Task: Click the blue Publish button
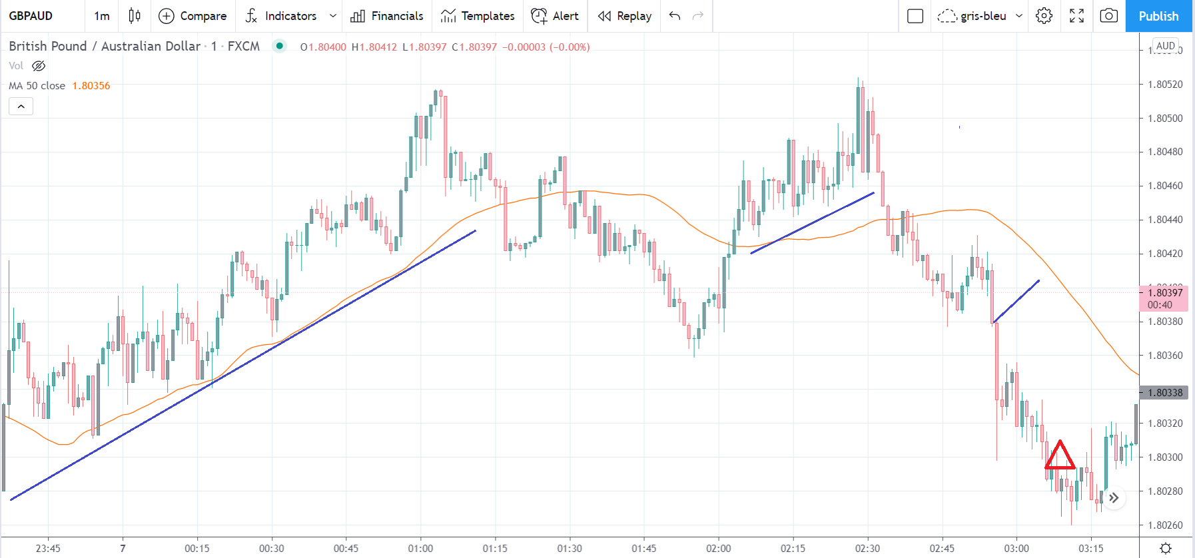coord(1158,16)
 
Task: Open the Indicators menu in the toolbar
coord(281,16)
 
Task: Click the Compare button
coord(193,16)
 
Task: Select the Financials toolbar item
coord(387,16)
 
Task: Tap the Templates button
coord(478,16)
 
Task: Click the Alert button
coord(555,16)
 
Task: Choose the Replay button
coord(624,16)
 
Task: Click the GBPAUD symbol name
coord(31,16)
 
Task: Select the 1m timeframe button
coord(101,16)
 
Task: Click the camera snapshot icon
coord(1108,16)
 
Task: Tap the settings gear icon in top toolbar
coord(1044,16)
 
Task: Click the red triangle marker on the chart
coord(1059,456)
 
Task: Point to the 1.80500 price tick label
coord(1165,119)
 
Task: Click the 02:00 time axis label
coord(718,549)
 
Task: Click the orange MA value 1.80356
coord(91,86)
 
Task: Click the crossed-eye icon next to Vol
coord(39,66)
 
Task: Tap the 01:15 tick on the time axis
coord(495,549)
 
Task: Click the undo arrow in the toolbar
coord(675,16)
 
